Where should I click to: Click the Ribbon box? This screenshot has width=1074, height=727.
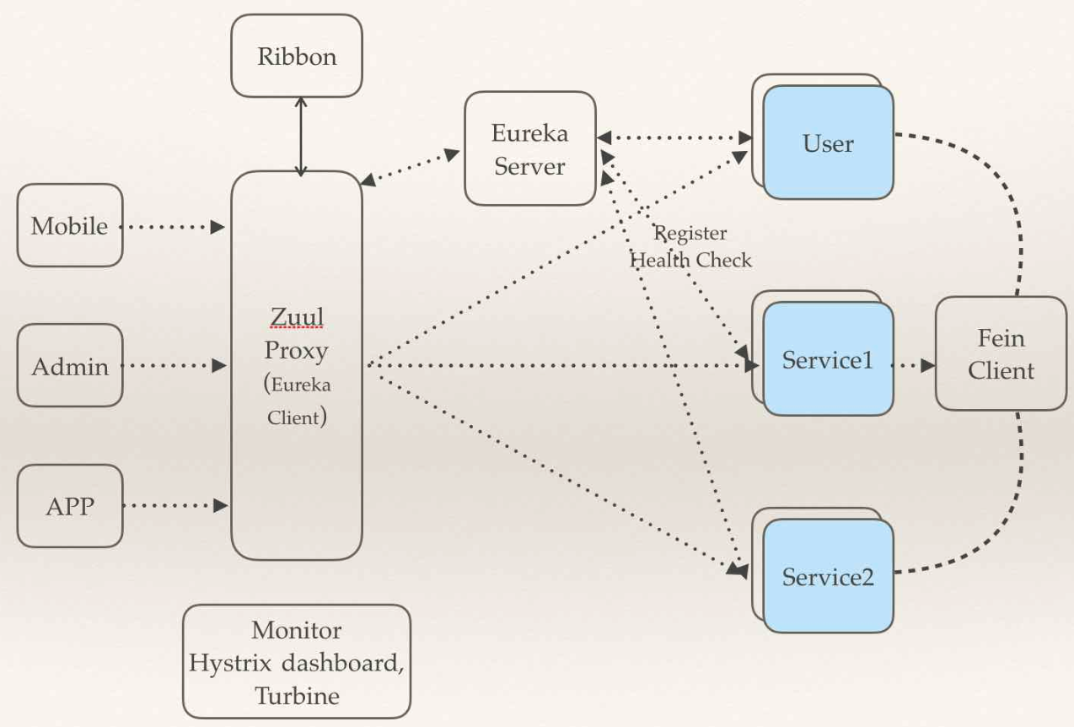tap(297, 56)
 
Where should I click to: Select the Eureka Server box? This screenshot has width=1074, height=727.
tap(529, 148)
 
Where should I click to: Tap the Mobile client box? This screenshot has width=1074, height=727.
tap(70, 225)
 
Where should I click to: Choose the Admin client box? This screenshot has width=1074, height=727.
tap(70, 365)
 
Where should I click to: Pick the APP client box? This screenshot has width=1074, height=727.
tap(70, 505)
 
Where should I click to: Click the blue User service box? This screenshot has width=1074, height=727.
tap(828, 143)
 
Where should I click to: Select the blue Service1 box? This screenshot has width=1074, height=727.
tap(828, 359)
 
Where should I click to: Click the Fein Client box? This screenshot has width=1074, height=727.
tap(1001, 353)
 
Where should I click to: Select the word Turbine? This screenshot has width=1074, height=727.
tap(297, 696)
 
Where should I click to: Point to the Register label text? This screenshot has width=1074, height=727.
tap(691, 233)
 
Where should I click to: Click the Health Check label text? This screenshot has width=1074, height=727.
tap(691, 259)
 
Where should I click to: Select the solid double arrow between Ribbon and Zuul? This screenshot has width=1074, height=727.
tap(301, 135)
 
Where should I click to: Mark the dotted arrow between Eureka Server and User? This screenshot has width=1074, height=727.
tap(674, 137)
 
